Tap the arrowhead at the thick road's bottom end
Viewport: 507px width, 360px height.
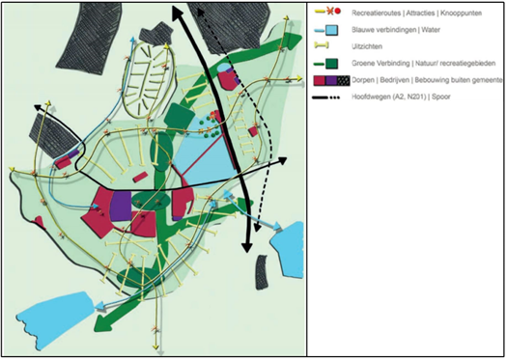(x=246, y=245)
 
